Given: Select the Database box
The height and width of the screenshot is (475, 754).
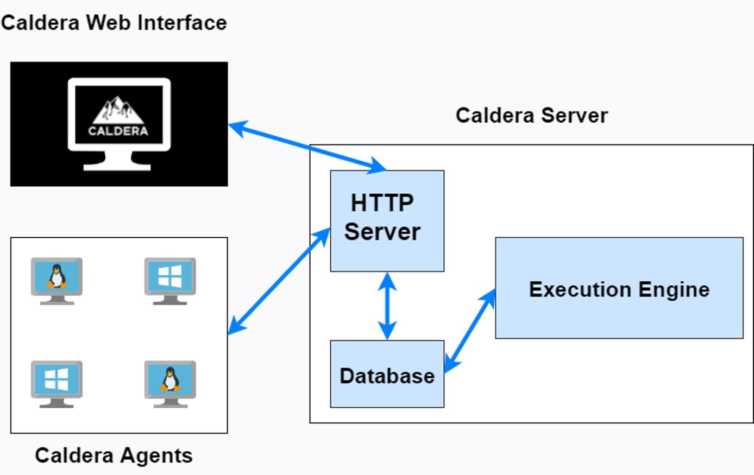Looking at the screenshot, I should pos(387,374).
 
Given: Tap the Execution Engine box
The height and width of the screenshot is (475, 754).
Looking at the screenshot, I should pos(619,288).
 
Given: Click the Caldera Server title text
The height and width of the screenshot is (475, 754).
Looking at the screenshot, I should pos(531,115).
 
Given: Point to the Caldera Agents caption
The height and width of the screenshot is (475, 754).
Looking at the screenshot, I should pos(114,455).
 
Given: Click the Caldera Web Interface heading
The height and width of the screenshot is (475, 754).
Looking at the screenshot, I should pos(114,22).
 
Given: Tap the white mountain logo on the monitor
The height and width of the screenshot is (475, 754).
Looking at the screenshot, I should pos(118,110).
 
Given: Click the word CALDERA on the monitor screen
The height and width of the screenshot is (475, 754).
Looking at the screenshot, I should pos(118,131).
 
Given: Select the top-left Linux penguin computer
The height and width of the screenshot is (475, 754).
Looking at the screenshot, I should pos(56,280).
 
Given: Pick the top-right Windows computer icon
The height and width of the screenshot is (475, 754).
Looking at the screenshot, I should pos(170,280).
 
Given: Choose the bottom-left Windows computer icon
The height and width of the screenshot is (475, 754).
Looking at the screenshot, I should pos(56,383).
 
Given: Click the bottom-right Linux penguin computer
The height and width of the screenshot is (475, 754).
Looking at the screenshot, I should pos(170,383).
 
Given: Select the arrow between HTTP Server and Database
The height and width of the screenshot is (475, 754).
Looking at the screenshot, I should pos(387,306).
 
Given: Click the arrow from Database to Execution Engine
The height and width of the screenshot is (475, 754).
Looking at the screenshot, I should pos(470,331).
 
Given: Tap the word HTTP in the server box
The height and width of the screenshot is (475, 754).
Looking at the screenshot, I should pos(382,203).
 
